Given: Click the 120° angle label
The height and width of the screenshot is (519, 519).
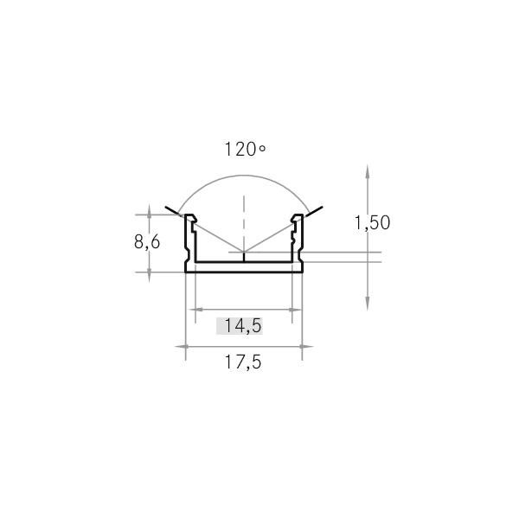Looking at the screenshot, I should pyautogui.click(x=244, y=149).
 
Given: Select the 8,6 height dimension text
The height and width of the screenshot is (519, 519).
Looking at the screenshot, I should pyautogui.click(x=146, y=242).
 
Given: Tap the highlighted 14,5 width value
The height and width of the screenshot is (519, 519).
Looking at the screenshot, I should pyautogui.click(x=239, y=326).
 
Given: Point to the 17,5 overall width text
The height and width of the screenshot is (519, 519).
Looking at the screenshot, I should pyautogui.click(x=244, y=362).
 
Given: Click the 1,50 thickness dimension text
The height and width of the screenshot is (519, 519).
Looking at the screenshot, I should pyautogui.click(x=372, y=222).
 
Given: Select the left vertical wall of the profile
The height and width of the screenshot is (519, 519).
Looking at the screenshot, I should pyautogui.click(x=187, y=247).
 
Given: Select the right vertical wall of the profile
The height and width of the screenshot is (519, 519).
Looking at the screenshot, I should pyautogui.click(x=302, y=247).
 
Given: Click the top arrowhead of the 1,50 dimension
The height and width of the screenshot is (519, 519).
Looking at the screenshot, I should pyautogui.click(x=368, y=170).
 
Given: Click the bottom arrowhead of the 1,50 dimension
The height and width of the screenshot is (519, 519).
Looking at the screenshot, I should pyautogui.click(x=368, y=303).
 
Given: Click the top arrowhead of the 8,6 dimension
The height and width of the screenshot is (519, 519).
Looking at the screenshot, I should pyautogui.click(x=150, y=219).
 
